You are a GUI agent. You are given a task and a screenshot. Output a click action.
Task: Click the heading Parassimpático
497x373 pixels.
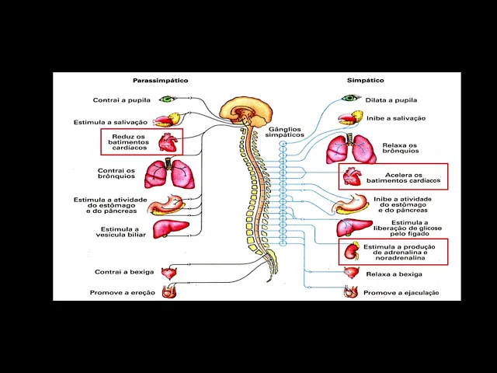pyautogui.click(x=160, y=80)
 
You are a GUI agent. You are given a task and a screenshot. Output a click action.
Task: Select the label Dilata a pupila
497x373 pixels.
pyautogui.click(x=391, y=100)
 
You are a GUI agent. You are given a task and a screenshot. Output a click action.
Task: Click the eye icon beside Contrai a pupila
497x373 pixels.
pyautogui.click(x=167, y=99)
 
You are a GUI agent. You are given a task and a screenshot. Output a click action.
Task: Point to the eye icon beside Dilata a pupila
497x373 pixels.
pyautogui.click(x=352, y=99)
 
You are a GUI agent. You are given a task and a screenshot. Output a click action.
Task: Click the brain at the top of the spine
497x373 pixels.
pyautogui.click(x=242, y=110)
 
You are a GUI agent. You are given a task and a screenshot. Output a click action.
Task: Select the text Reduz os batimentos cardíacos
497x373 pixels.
pyautogui.click(x=128, y=141)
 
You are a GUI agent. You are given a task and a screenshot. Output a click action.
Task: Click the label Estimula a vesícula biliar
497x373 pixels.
pyautogui.click(x=118, y=232)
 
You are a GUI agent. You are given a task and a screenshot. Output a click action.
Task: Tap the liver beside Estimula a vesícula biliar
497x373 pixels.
pyautogui.click(x=171, y=228)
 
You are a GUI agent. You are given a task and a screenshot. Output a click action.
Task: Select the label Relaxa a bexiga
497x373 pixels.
pyautogui.click(x=394, y=274)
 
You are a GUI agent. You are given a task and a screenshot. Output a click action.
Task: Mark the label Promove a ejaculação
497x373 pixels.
pyautogui.click(x=401, y=293)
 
